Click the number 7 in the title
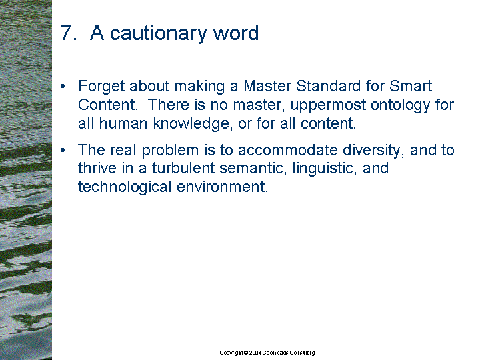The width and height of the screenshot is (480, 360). (x=67, y=33)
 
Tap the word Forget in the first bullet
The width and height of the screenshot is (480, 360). (x=101, y=87)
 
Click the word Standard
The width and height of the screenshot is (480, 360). (x=328, y=86)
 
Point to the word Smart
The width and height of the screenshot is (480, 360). (x=411, y=86)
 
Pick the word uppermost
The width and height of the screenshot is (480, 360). (x=328, y=105)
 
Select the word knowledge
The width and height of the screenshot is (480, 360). (x=191, y=124)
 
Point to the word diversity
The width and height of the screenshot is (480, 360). (x=373, y=151)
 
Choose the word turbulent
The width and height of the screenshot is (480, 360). (x=183, y=168)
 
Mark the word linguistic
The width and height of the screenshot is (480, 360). (x=325, y=169)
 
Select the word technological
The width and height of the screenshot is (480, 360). (x=124, y=187)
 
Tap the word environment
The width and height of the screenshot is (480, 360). (x=222, y=187)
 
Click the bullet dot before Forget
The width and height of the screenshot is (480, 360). (x=63, y=87)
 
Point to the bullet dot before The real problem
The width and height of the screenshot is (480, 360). (x=63, y=150)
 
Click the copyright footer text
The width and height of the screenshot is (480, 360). (x=267, y=353)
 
